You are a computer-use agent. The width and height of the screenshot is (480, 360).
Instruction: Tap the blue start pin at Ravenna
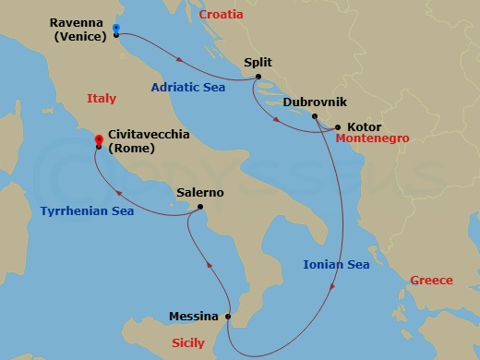click(x=115, y=29)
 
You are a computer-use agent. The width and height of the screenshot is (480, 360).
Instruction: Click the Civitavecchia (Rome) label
click(x=149, y=141)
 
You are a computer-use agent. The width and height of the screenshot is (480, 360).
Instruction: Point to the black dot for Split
click(x=258, y=77)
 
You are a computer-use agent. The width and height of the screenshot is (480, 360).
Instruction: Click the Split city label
click(x=258, y=64)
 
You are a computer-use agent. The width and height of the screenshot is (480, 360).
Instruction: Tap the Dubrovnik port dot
click(x=315, y=116)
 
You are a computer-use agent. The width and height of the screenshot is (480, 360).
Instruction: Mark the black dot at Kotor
click(x=338, y=127)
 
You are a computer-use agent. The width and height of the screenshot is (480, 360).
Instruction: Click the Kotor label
click(x=364, y=126)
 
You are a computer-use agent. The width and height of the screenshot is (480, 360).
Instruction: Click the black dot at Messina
click(x=228, y=317)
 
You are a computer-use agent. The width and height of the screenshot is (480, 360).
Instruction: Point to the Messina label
click(x=194, y=316)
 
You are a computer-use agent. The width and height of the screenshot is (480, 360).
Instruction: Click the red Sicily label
click(x=188, y=342)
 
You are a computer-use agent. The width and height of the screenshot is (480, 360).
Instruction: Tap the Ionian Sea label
click(x=336, y=265)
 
